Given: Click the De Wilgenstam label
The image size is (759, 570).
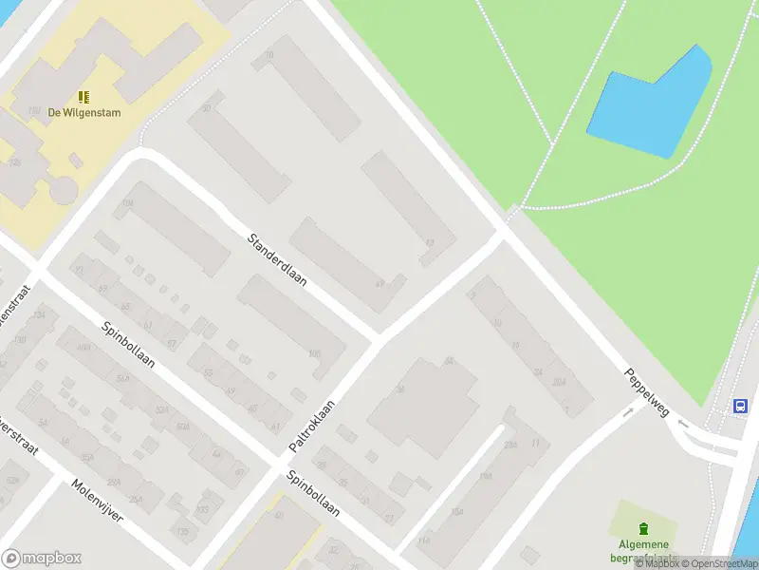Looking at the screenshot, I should (x=83, y=112).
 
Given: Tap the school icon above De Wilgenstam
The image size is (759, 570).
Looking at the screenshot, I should (x=83, y=96).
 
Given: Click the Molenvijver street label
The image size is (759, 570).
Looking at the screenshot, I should (x=97, y=503).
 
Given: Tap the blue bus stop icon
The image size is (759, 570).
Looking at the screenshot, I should (x=739, y=406).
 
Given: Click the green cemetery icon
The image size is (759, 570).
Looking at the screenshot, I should (x=644, y=528).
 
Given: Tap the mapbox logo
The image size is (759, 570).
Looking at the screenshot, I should (x=42, y=559).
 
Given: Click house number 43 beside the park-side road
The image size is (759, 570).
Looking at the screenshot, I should (x=430, y=243).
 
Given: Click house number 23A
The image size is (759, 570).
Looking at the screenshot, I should (x=511, y=445).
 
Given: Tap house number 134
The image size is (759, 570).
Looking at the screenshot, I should (x=39, y=314).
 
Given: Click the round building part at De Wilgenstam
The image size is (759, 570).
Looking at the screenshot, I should (x=64, y=188).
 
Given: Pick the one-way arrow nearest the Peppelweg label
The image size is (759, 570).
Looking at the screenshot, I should (x=627, y=412).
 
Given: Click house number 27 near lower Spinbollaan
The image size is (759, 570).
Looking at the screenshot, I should (x=389, y=518).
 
